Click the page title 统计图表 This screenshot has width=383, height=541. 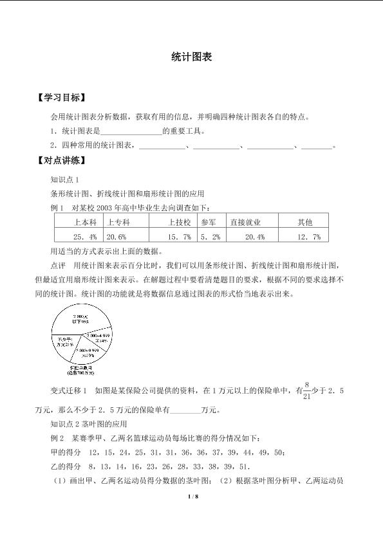click(x=192, y=57)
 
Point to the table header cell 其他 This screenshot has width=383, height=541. click(x=304, y=223)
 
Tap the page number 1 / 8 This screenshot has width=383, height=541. click(x=191, y=497)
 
